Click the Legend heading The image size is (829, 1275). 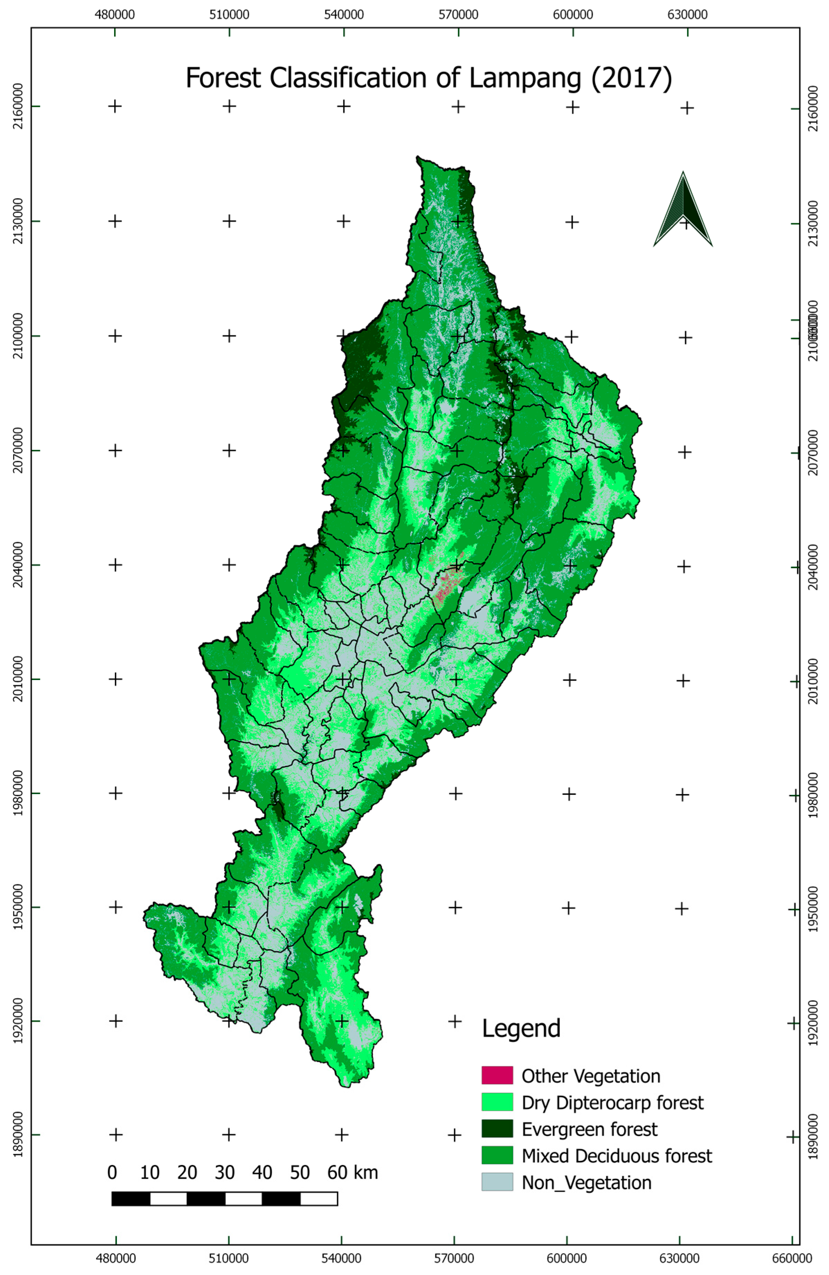(521, 1028)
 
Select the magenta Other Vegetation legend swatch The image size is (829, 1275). (497, 1074)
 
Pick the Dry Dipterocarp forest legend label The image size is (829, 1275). (612, 1102)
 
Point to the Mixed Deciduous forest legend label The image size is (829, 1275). (616, 1155)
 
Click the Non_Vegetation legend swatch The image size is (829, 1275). (497, 1182)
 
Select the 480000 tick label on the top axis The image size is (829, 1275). (115, 15)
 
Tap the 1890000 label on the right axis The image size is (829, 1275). (813, 1136)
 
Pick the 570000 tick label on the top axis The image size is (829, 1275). (459, 15)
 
